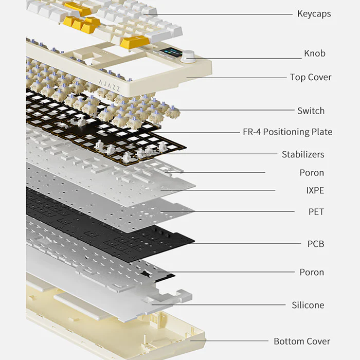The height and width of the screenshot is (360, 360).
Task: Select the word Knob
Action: coord(314,53)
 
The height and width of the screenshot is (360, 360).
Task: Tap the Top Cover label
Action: coord(310,78)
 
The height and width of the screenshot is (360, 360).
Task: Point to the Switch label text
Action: coord(311,111)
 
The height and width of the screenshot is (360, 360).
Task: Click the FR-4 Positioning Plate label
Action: coord(287,132)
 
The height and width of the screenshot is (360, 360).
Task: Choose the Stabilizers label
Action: coord(303,154)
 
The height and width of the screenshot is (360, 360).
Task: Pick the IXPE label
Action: coord(315,191)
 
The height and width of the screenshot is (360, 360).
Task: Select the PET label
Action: coord(316,212)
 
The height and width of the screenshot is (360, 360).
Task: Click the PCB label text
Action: coord(315,244)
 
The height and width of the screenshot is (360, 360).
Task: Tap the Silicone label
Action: coord(308,305)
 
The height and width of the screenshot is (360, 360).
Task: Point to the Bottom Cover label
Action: coord(302,341)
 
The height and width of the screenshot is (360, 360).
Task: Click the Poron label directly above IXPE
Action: coord(312,173)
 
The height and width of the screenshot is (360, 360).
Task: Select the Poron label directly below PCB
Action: coord(312,272)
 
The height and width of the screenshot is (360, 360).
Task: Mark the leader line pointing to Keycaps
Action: coord(221,14)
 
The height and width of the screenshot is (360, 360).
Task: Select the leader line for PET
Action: coord(231,211)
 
